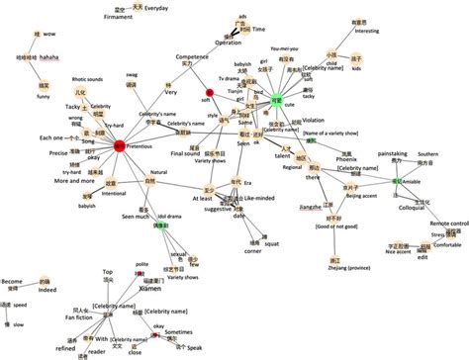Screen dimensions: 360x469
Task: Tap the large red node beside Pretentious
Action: pos(119,145)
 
